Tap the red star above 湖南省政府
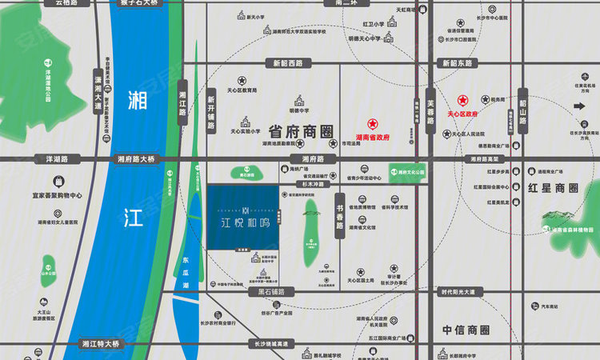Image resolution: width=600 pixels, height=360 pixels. (x=371, y=124)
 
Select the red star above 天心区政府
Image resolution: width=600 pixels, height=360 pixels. (x=462, y=101)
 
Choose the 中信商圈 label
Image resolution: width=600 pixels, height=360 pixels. (x=466, y=330)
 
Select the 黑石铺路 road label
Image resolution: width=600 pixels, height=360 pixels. (x=276, y=293)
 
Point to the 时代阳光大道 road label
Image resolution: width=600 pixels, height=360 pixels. (x=463, y=293)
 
